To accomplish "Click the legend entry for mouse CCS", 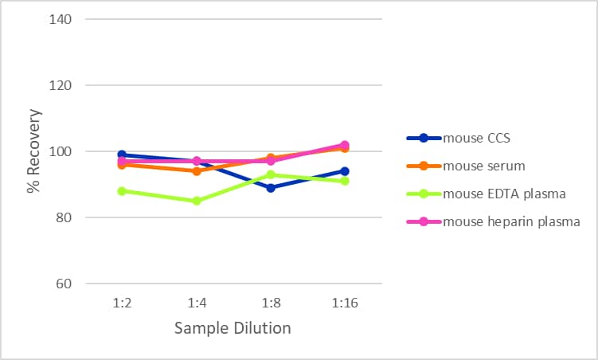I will pyautogui.click(x=477, y=138).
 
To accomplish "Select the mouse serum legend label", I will pyautogui.click(x=484, y=166).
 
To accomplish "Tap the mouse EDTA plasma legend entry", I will pyautogui.click(x=504, y=194).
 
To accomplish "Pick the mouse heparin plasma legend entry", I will pyautogui.click(x=511, y=221).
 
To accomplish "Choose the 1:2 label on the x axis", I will pyautogui.click(x=122, y=303).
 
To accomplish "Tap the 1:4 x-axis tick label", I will pyautogui.click(x=197, y=303).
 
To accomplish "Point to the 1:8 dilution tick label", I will pyautogui.click(x=271, y=303).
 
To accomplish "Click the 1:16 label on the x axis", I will pyautogui.click(x=344, y=303).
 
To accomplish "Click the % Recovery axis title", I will pyautogui.click(x=33, y=151).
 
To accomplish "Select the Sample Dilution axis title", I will pyautogui.click(x=233, y=328).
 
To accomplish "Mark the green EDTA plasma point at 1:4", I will pyautogui.click(x=197, y=201).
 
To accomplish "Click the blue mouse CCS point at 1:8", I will pyautogui.click(x=271, y=188).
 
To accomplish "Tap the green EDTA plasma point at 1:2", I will pyautogui.click(x=122, y=191).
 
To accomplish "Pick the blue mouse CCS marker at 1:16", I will pyautogui.click(x=344, y=171).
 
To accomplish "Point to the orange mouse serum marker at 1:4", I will pyautogui.click(x=197, y=171).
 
